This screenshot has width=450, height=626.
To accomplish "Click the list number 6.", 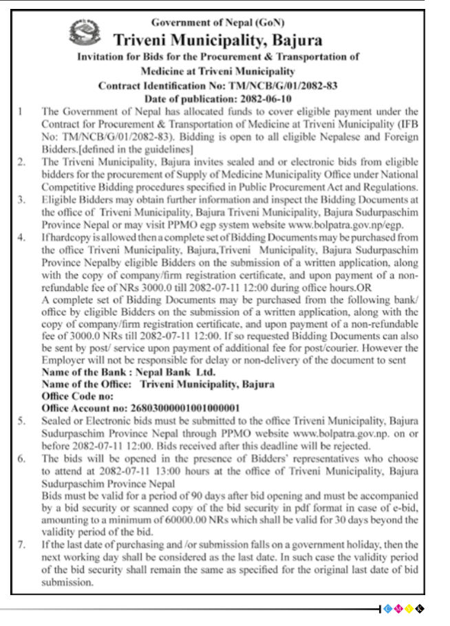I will (21, 458).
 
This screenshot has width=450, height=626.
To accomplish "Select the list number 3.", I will (21, 200).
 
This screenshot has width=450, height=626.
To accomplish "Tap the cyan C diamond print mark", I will (387, 609).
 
